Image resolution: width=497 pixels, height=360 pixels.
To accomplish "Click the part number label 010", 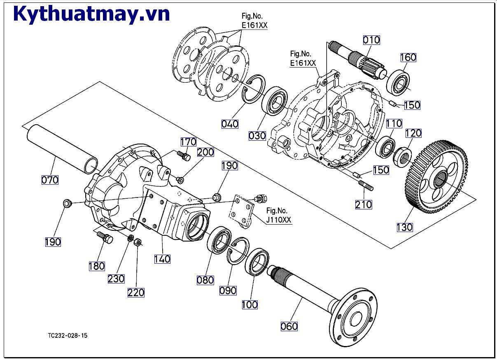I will pos(371,40).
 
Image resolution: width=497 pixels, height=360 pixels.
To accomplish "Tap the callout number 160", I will pos(408,58).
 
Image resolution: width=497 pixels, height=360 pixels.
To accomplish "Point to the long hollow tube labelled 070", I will pos(64,148).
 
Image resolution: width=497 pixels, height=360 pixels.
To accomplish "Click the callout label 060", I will pos(289,327).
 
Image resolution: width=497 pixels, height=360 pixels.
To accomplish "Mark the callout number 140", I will pos(163,259).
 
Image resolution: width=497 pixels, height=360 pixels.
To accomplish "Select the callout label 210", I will pos(364,204).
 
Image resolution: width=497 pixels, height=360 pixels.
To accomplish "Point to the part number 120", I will pos(413,133).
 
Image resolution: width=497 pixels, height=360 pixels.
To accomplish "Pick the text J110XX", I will pos(279,221).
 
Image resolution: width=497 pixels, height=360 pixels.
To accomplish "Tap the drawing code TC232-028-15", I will pos(68,336).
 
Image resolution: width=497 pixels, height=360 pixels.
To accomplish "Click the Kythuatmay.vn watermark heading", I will pos(91,14).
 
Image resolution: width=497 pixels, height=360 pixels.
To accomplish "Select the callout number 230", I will pos(116,279).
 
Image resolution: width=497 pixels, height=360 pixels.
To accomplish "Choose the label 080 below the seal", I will pos(205,280).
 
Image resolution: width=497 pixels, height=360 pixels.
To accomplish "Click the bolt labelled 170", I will pos(184,156).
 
